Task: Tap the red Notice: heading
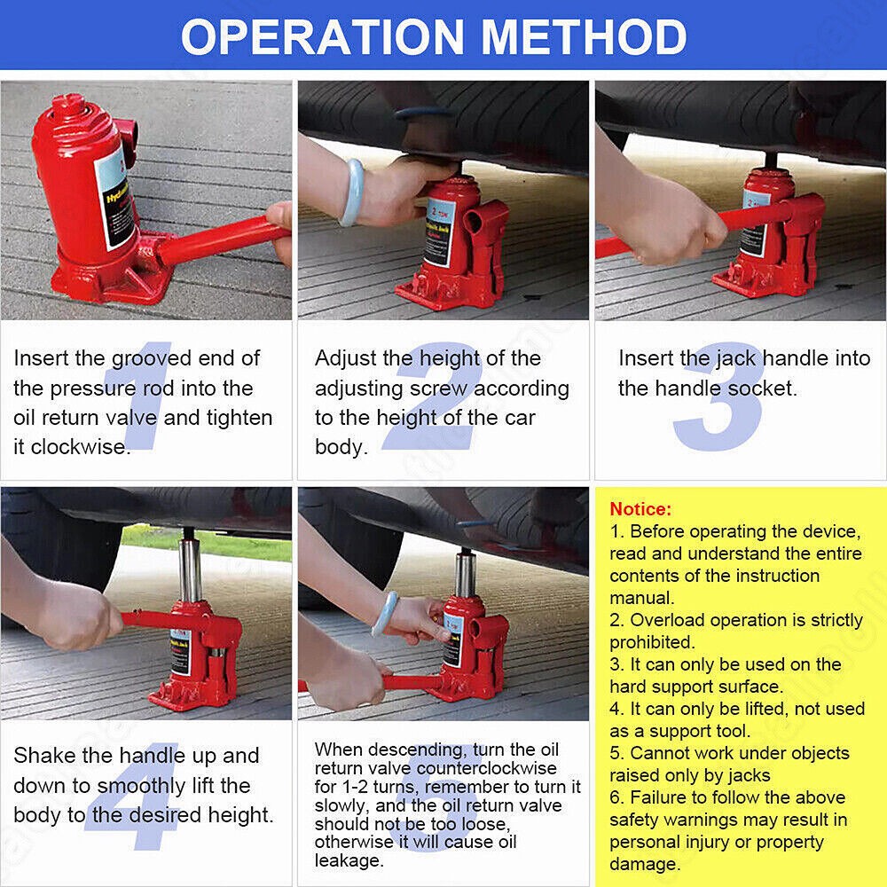(640, 509)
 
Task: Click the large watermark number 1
(142, 399)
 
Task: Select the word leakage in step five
(349, 860)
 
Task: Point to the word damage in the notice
(643, 863)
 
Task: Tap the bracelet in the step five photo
(385, 614)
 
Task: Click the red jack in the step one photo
(84, 195)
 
